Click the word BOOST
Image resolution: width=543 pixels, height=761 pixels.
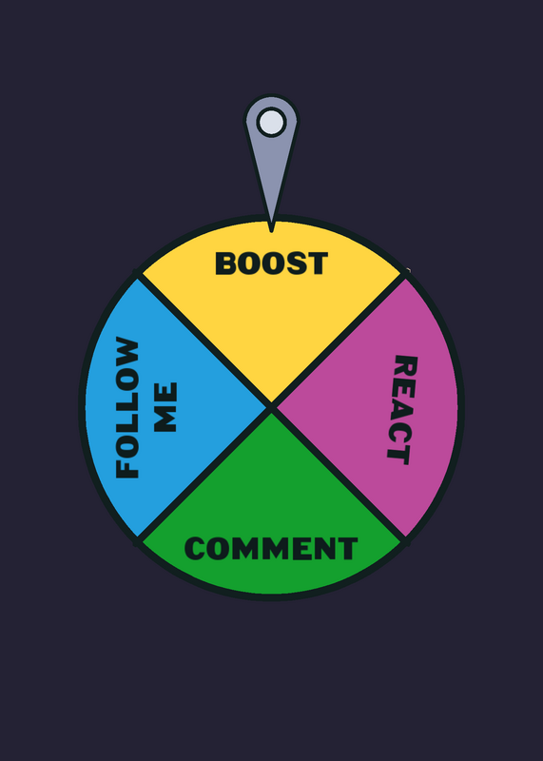coord(272,263)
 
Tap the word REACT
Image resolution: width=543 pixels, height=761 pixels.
coord(402,410)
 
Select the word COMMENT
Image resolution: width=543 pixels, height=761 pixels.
coord(271,549)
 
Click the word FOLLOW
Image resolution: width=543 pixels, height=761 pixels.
coord(127,407)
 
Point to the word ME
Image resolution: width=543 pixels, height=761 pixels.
coord(165,407)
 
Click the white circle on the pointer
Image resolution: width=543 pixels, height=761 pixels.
coord(271,122)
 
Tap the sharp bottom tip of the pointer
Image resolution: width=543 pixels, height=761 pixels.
coord(271,231)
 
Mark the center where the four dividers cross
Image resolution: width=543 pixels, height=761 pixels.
coord(272,408)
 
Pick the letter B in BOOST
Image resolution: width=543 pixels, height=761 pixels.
coord(225,263)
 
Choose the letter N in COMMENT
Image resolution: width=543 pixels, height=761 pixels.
coord(325,549)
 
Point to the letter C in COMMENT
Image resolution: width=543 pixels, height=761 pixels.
coord(195,549)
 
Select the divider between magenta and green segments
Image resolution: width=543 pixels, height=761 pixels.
coord(339,475)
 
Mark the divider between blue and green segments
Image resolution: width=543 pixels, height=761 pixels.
coord(204,475)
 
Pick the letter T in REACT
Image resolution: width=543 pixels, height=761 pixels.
coord(398,456)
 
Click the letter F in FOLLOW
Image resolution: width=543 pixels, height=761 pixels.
coord(127,468)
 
